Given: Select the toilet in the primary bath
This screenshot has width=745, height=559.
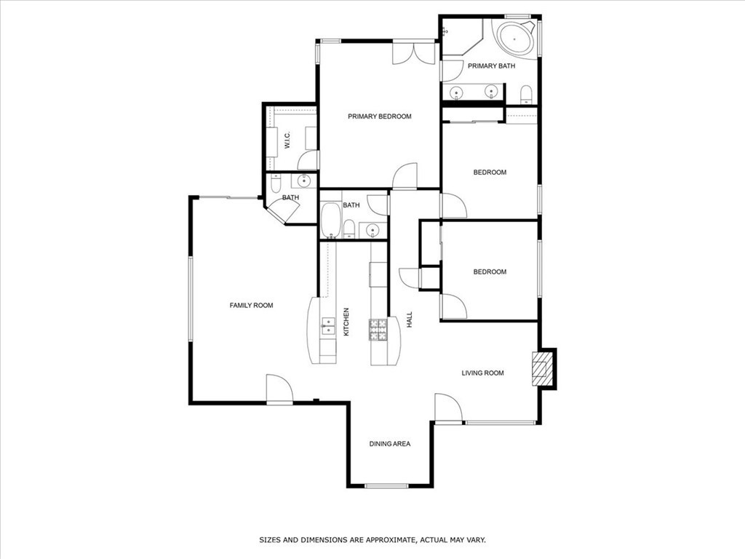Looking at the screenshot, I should [526, 94].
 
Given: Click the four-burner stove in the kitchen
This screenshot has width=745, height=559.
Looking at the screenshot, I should [378, 330].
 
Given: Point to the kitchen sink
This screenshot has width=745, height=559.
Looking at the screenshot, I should [328, 325].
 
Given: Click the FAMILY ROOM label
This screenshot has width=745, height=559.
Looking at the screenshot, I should [251, 305].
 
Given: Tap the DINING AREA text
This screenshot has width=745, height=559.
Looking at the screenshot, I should [389, 443].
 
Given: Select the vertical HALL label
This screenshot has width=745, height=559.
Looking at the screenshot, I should [410, 320].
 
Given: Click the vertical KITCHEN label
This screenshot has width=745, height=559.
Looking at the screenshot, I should [346, 321].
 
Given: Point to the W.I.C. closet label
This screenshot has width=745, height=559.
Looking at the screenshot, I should [287, 140].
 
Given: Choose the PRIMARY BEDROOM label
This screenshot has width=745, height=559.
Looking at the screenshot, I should [379, 116].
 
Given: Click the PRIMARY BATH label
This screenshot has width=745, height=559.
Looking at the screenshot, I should [491, 66].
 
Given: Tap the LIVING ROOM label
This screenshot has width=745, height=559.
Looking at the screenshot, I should [482, 373].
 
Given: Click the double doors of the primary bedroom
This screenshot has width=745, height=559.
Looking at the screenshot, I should [413, 53].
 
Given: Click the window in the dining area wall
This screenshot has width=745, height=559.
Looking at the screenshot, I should [386, 485].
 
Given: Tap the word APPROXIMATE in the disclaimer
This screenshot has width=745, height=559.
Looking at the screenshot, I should [385, 540].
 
